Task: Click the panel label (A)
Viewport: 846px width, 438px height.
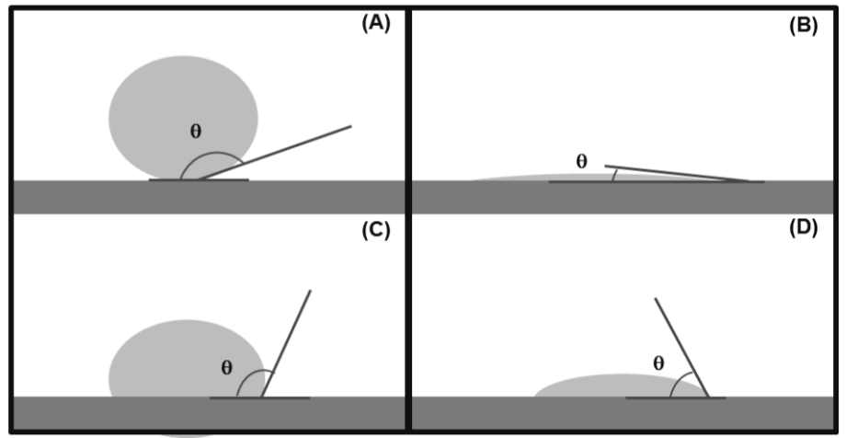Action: (x=376, y=25)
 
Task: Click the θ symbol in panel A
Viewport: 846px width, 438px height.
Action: (x=195, y=131)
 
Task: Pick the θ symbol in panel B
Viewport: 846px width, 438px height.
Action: (x=581, y=161)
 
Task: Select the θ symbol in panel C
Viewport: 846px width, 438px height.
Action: (x=227, y=368)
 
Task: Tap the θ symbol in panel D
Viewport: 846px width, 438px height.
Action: (x=658, y=363)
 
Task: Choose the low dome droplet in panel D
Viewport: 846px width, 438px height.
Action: (x=598, y=386)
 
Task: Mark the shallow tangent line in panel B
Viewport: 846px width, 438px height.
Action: (x=680, y=174)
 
